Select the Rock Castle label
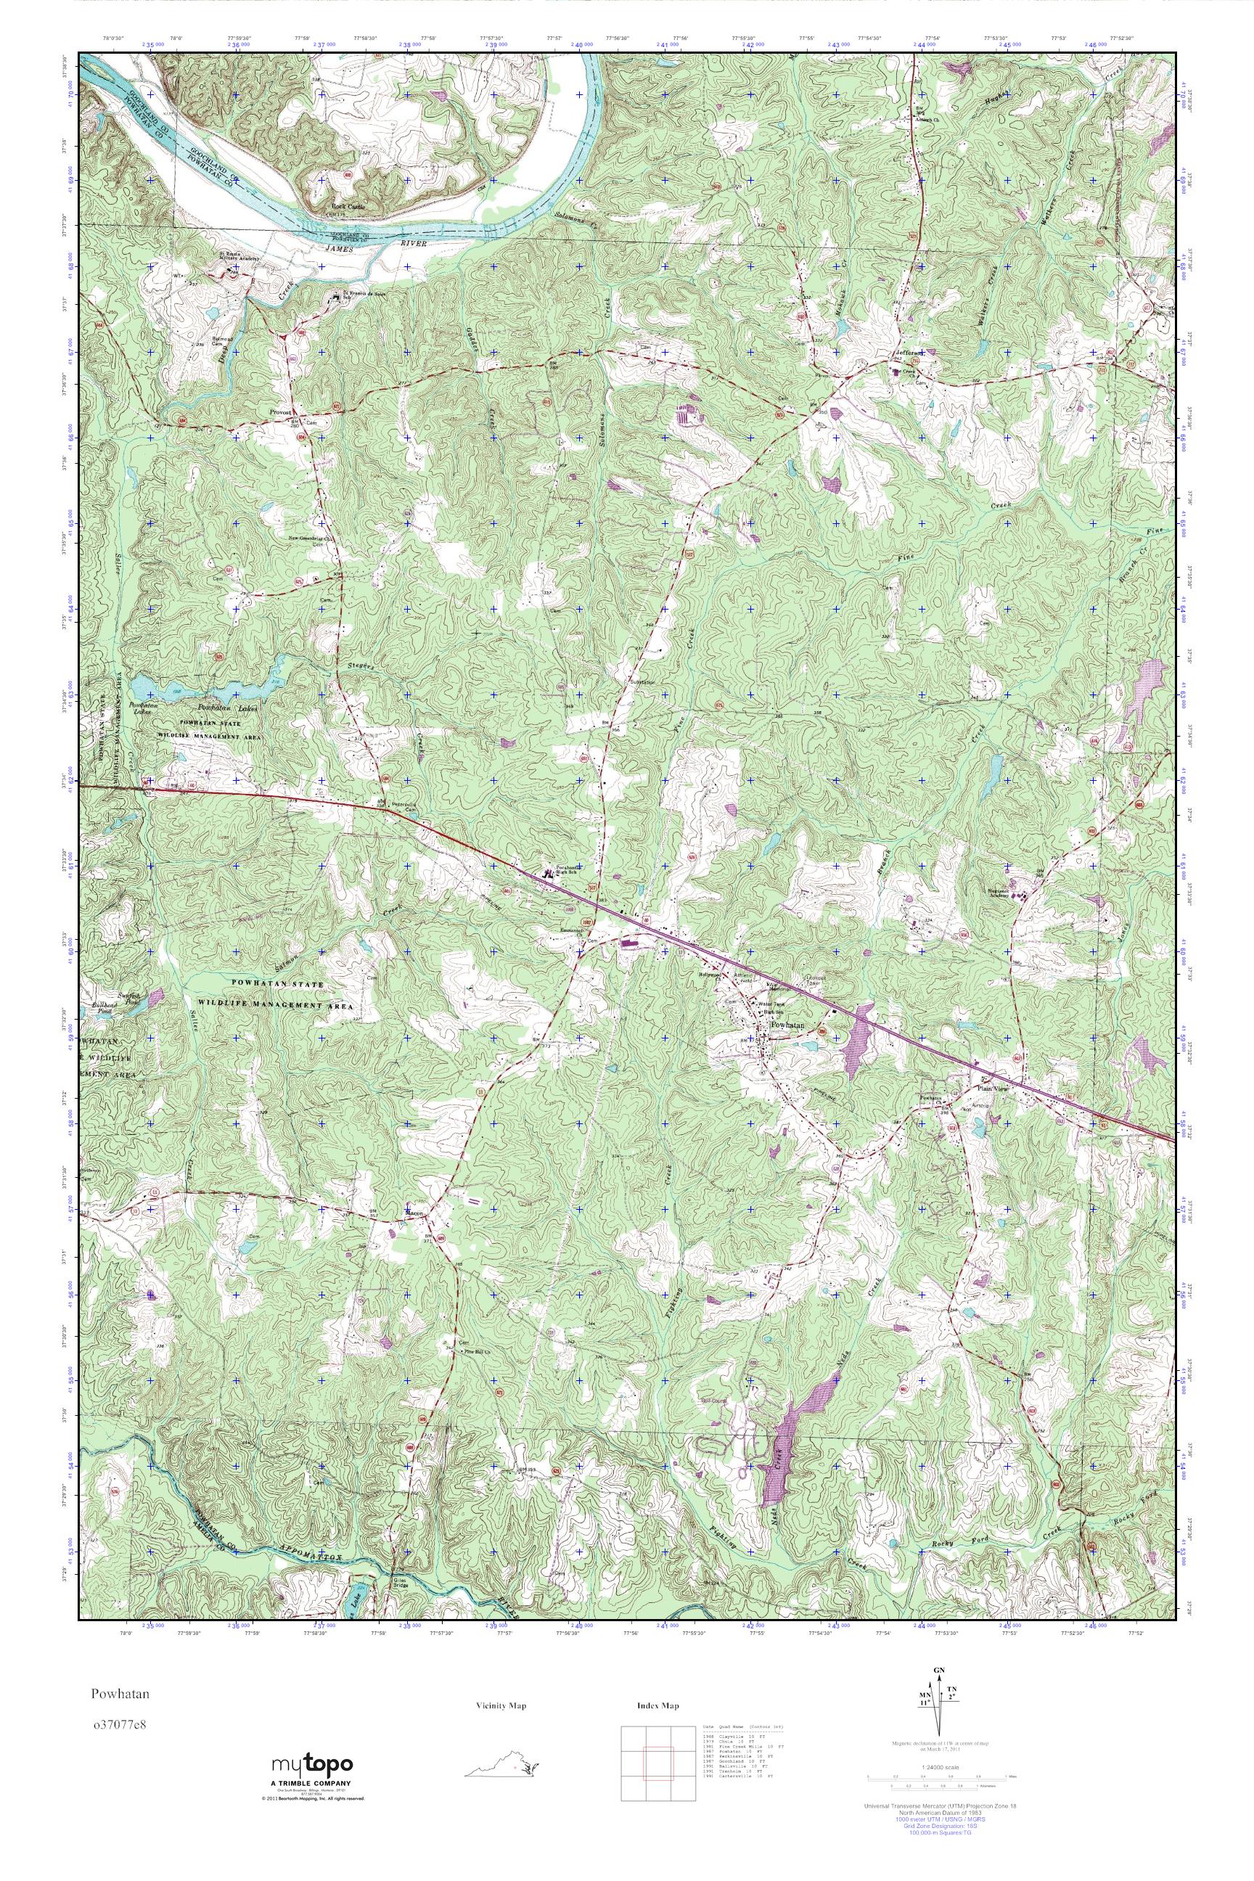(348, 206)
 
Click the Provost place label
(279, 412)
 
